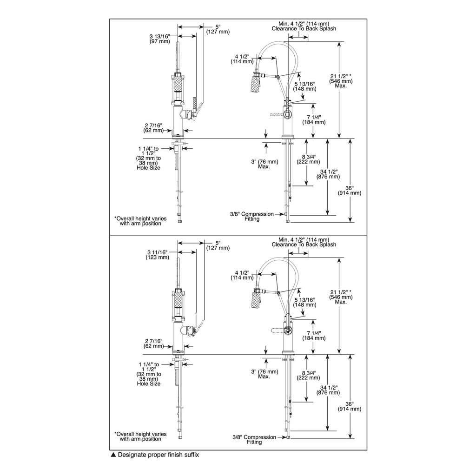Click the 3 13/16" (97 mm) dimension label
click(160, 39)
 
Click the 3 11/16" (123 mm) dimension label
click(157, 255)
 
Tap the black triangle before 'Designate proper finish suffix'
click(113, 455)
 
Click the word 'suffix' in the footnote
click(192, 455)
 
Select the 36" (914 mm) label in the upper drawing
click(350, 190)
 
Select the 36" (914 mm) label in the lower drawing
click(350, 406)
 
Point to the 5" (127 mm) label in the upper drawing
click(218, 29)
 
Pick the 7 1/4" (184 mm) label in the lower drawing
click(314, 336)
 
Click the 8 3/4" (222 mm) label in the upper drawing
click(309, 159)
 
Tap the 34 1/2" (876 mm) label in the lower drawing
click(328, 390)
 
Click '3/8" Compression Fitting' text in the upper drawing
click(252, 216)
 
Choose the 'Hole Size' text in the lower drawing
click(148, 383)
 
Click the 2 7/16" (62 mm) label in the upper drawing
click(153, 128)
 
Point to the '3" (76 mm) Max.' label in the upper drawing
click(264, 164)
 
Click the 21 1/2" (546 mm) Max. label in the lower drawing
click(341, 297)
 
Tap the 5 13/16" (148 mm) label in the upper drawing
click(304, 86)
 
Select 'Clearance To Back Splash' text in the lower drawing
click(304, 245)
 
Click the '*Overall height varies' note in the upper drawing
click(140, 218)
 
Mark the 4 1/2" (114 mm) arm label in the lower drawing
click(242, 275)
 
